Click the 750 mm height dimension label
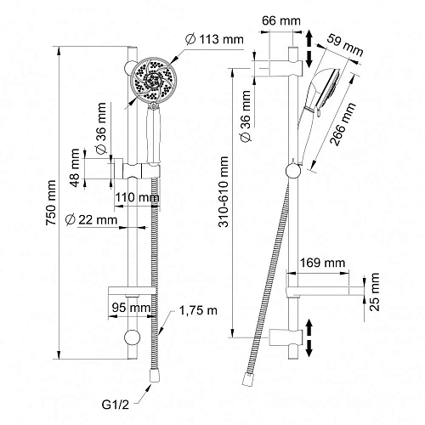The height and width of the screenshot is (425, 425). point(51,202)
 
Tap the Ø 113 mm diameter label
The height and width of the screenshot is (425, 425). point(214,39)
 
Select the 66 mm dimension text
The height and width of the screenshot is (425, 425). point(280,20)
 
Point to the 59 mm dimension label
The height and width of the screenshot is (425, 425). point(345,45)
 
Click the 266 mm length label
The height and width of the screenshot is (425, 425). point(343,124)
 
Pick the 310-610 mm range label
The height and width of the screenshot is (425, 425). point(224,191)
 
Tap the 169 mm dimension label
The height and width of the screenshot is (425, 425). point(322,263)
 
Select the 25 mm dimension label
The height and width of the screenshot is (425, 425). point(374,292)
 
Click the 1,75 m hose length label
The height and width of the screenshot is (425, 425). point(198,310)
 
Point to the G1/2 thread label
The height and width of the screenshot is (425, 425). point(115,405)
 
